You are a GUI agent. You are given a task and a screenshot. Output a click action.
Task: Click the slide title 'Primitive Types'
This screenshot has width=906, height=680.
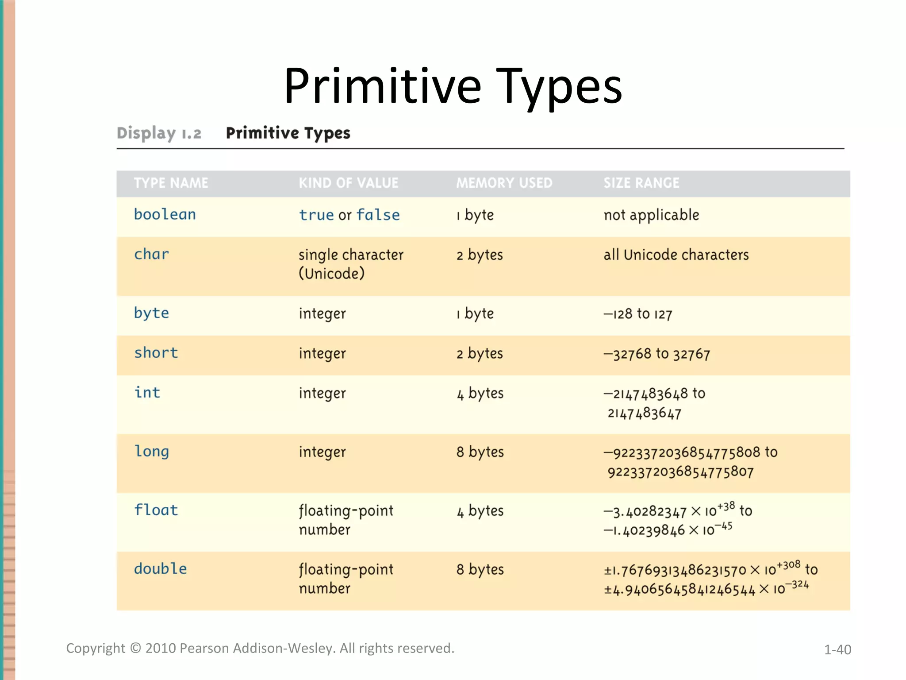point(453,86)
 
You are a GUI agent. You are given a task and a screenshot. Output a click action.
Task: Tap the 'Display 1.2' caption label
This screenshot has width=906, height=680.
point(159,133)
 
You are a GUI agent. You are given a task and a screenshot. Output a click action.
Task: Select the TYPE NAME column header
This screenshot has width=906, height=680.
point(171,183)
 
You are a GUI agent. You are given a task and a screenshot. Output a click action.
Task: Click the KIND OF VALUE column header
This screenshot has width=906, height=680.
point(349,183)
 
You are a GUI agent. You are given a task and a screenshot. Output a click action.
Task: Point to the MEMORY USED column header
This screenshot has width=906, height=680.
point(504,183)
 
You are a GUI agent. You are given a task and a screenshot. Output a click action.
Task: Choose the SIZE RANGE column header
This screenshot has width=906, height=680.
point(641,183)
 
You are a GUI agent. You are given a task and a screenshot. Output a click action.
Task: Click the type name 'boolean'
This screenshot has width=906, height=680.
point(165,215)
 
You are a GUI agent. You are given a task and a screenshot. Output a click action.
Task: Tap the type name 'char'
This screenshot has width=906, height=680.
point(151,255)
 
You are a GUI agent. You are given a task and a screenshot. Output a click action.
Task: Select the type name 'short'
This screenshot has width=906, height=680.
point(156,353)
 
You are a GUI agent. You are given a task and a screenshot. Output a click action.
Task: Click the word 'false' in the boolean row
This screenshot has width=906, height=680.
point(378,215)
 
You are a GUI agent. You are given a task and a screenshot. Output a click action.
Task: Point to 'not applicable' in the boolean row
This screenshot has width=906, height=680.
point(651,215)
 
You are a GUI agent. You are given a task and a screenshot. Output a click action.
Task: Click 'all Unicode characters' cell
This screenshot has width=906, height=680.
point(676,255)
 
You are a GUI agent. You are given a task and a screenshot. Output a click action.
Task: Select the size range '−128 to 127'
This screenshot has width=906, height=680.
point(638,314)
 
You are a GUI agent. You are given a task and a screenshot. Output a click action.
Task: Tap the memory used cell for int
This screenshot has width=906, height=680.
point(480,394)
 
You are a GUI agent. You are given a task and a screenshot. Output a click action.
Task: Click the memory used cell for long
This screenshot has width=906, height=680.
point(480,452)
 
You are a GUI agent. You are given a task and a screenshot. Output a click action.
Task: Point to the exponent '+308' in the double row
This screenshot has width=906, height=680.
point(788,565)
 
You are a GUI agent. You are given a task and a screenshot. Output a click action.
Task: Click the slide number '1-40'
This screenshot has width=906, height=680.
point(837,649)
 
